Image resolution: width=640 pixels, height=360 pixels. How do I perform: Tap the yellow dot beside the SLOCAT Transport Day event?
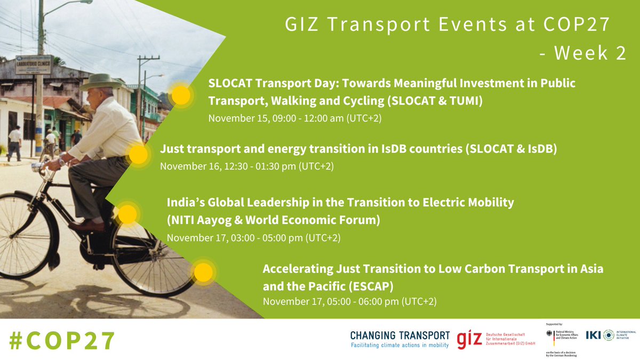(181, 95)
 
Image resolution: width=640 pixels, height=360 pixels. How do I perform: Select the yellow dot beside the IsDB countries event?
(138, 155)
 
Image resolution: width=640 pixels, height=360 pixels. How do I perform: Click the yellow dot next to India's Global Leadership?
(127, 214)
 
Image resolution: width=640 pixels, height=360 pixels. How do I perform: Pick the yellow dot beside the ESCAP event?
(203, 273)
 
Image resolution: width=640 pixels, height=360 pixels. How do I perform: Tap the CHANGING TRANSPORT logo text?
(400, 335)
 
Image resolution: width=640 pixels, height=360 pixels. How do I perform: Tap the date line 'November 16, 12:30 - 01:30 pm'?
(246, 166)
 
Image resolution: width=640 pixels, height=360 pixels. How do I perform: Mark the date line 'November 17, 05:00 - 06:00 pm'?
(349, 301)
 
